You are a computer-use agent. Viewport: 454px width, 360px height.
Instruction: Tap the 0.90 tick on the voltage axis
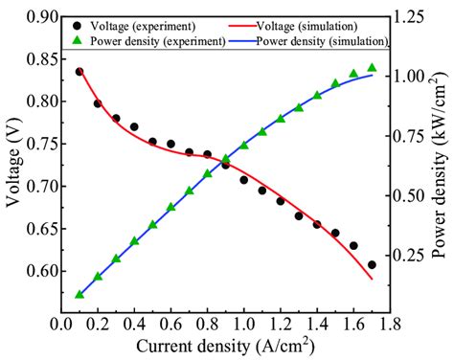[40, 16]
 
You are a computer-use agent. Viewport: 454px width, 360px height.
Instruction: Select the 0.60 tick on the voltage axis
[40, 271]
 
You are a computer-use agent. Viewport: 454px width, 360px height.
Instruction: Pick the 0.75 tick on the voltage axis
[40, 144]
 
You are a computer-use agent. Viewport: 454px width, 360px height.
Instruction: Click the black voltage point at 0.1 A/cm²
[79, 72]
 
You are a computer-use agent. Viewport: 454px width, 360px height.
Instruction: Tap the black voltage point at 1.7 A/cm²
[372, 265]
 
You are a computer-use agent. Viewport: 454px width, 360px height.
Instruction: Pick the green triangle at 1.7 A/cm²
[372, 68]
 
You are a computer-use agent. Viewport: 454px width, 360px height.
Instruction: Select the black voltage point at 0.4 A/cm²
[134, 126]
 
